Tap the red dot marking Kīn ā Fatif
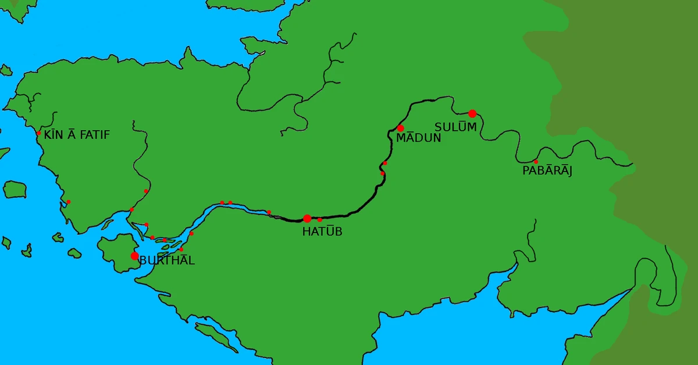[x=39, y=134]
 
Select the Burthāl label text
[x=168, y=260]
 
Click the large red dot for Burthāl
[x=135, y=256]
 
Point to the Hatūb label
[x=322, y=231]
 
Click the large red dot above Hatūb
[x=307, y=219]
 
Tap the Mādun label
[x=418, y=138]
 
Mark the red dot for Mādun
[x=400, y=128]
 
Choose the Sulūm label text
[x=455, y=126]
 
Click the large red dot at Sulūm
[x=472, y=113]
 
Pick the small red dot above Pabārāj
[x=536, y=162]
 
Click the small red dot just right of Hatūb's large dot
[x=319, y=220]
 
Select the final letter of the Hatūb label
[x=338, y=231]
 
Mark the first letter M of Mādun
[x=400, y=138]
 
